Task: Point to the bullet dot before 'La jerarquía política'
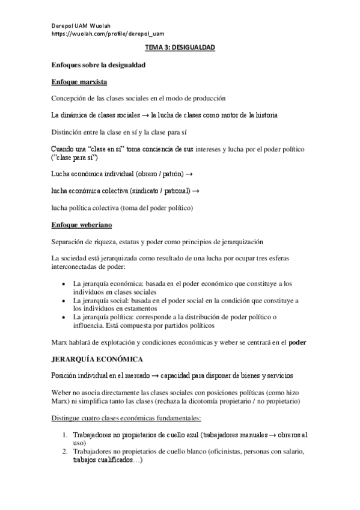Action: click(64, 317)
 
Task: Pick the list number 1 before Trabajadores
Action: click(66, 434)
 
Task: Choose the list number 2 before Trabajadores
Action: click(66, 451)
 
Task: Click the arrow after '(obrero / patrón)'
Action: click(189, 174)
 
